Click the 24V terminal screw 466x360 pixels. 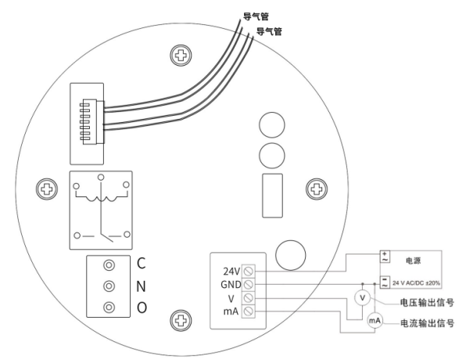[x=248, y=271]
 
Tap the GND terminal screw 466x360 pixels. [x=248, y=284]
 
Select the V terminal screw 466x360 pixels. [x=248, y=298]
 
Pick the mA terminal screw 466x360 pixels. [x=248, y=311]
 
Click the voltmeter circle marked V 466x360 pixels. [x=362, y=297]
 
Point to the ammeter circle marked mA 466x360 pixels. [x=375, y=320]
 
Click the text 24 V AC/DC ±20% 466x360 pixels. [x=416, y=283]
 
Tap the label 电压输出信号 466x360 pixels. [x=427, y=303]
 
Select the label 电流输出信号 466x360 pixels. [x=427, y=323]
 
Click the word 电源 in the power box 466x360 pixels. [x=414, y=261]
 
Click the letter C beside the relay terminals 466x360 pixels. [x=142, y=263]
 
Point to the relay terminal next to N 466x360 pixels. [x=109, y=286]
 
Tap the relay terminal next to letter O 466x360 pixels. [x=109, y=307]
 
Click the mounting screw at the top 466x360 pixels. [x=181, y=56]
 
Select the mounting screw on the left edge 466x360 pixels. [x=47, y=189]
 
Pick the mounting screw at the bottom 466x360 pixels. [x=181, y=320]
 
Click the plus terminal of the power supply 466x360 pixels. [x=385, y=257]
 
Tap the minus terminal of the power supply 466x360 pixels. [x=385, y=282]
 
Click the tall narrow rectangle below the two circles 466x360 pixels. [x=272, y=196]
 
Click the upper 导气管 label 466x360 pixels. [x=256, y=16]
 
